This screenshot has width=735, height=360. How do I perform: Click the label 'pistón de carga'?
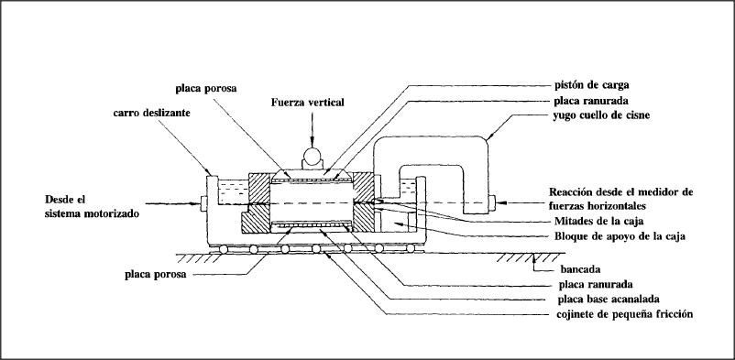tap(590, 85)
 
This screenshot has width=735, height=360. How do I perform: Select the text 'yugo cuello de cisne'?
tap(600, 115)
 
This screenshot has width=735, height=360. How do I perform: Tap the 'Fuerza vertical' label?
tap(308, 103)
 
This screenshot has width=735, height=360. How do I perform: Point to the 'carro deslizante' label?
tap(151, 113)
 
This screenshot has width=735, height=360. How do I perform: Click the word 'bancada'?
tap(581, 269)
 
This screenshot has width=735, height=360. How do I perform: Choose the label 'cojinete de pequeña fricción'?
tap(625, 314)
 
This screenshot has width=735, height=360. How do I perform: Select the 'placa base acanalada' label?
tap(609, 299)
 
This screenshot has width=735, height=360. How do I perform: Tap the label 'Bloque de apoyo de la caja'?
tap(620, 236)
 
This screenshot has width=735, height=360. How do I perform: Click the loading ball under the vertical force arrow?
tap(310, 155)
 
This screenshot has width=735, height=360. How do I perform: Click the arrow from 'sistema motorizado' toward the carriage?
tap(172, 203)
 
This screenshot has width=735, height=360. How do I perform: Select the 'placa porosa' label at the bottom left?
tap(155, 275)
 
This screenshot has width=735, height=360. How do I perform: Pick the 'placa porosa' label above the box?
tap(206, 88)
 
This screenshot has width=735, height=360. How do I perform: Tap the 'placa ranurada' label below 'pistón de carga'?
tap(590, 101)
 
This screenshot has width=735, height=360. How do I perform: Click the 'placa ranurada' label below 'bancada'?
tap(596, 284)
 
